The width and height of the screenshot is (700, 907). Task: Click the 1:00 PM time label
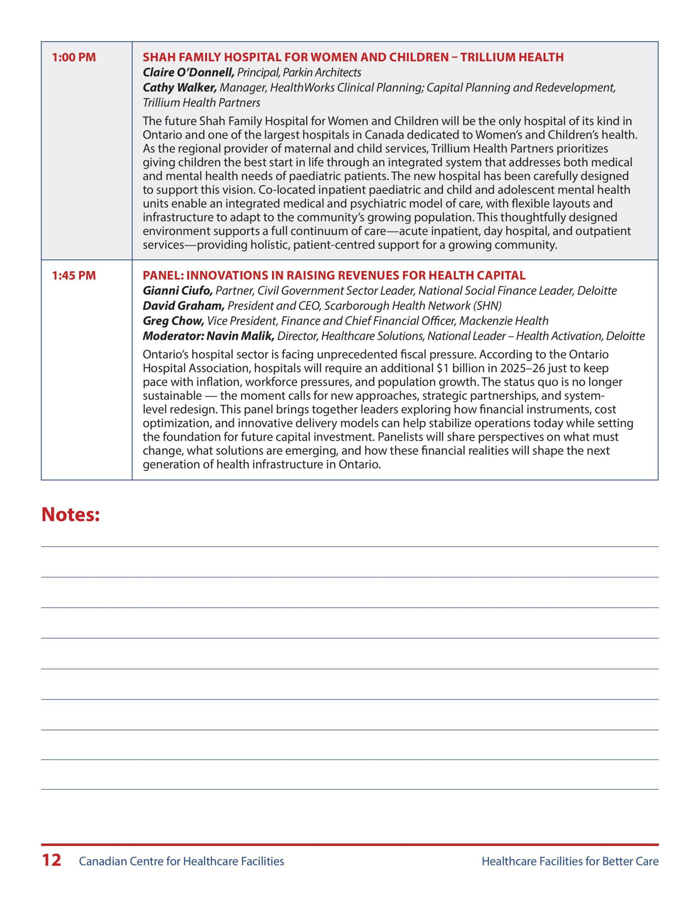click(74, 57)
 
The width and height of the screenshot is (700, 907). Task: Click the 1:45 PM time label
click(74, 275)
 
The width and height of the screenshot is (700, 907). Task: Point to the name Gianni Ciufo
click(178, 291)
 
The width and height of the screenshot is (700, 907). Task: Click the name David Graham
click(183, 306)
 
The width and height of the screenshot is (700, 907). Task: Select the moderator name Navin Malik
click(240, 336)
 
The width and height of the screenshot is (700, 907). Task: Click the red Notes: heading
click(70, 514)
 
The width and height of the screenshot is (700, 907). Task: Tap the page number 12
click(51, 861)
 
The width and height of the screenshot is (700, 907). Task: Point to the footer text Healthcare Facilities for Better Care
click(570, 861)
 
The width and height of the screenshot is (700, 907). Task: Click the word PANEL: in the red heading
click(163, 275)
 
